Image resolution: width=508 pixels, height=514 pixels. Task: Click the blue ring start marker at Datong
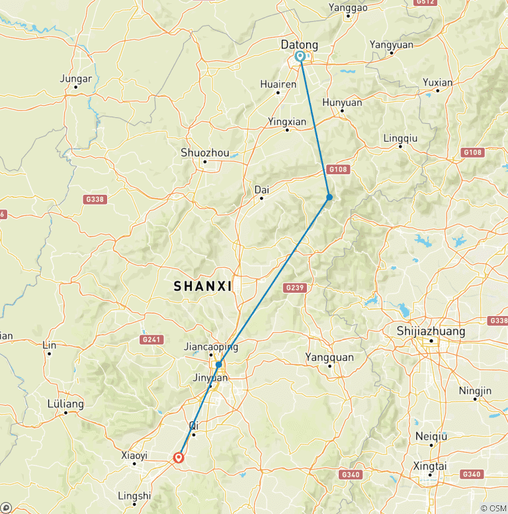click(x=300, y=57)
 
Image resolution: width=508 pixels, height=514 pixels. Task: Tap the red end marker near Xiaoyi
click(x=178, y=457)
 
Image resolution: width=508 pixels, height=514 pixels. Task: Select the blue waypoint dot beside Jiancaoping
click(x=218, y=364)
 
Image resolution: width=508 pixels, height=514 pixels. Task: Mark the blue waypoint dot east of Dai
click(x=329, y=197)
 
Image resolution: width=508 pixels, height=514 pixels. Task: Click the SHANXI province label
click(x=202, y=286)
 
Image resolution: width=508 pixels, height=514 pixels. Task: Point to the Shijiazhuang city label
click(x=431, y=331)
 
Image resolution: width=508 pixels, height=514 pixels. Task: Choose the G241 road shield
click(x=151, y=339)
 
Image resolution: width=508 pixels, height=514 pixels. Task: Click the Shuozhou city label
click(x=205, y=153)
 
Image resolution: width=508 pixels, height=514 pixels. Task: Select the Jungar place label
click(x=75, y=78)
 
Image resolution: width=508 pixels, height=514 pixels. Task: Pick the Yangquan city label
click(x=329, y=357)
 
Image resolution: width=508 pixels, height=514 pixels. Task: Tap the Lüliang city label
click(x=65, y=403)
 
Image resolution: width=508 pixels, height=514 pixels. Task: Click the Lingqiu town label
click(x=400, y=138)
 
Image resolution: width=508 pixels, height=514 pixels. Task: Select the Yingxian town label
click(x=287, y=121)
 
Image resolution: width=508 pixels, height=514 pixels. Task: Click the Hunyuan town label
click(x=342, y=103)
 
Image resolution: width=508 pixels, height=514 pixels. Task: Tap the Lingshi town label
click(x=134, y=495)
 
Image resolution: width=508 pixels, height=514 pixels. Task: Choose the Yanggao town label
click(x=347, y=8)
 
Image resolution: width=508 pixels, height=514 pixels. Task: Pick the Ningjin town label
click(x=476, y=390)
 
